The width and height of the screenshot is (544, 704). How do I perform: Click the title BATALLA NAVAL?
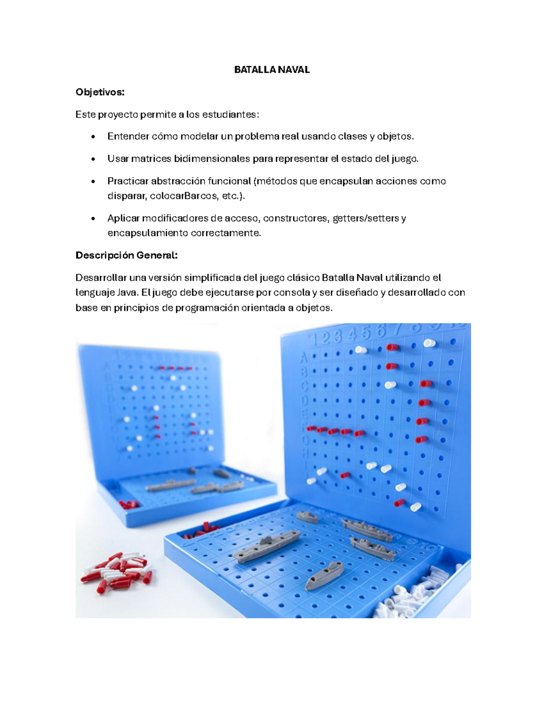[x=272, y=70]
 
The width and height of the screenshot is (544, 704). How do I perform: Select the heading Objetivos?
[x=100, y=92]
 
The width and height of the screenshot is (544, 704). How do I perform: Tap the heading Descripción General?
[x=126, y=256]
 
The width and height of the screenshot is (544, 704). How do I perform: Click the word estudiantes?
[x=230, y=114]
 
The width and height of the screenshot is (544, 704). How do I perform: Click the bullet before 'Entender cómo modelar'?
[x=93, y=137]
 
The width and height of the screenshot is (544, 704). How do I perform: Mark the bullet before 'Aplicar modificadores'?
[x=93, y=218]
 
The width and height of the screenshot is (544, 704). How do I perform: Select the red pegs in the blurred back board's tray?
[x=129, y=504]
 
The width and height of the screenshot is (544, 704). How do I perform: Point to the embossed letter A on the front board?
[x=304, y=358]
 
